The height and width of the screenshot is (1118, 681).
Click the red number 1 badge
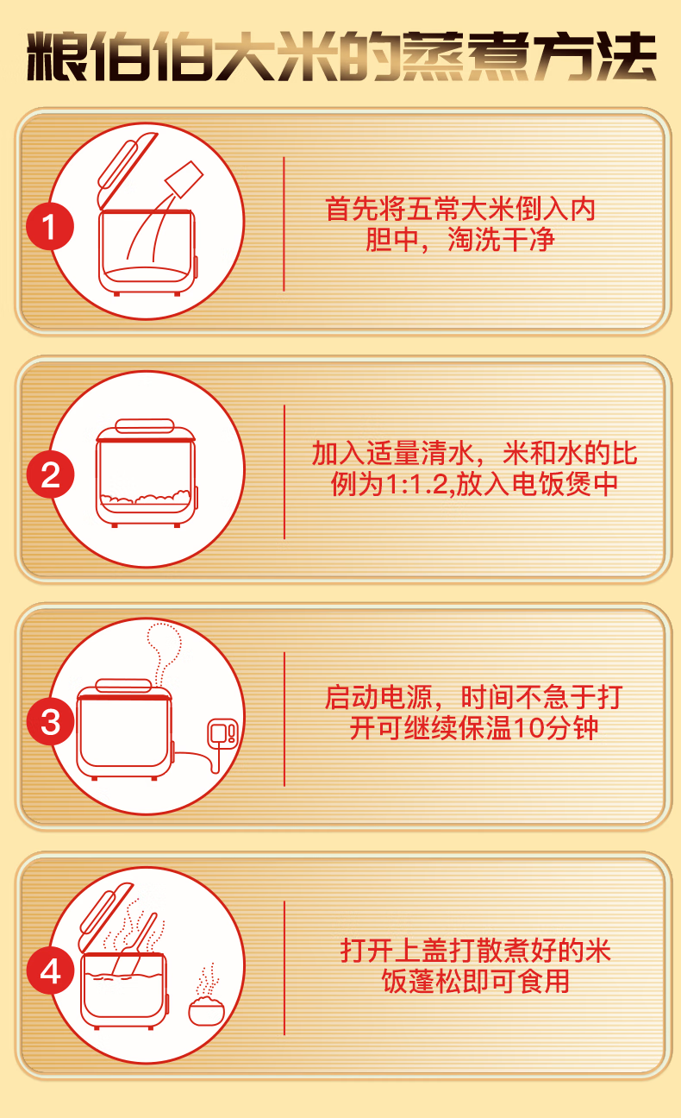point(50,226)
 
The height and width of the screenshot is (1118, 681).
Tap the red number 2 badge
point(50,474)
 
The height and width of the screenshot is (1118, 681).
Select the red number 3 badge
point(50,722)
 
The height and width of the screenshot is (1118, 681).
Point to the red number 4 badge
point(50,970)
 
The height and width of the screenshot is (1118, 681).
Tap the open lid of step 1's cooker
point(128,170)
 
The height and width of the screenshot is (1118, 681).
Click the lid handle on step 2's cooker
point(145,426)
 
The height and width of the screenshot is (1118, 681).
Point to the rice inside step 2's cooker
point(145,497)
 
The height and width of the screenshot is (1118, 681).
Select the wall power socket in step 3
point(222,732)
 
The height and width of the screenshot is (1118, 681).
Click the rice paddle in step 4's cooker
point(134,942)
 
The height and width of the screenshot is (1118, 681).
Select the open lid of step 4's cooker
point(106,917)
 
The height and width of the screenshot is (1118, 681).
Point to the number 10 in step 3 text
point(528,729)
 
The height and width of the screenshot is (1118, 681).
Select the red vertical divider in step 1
point(284,224)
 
